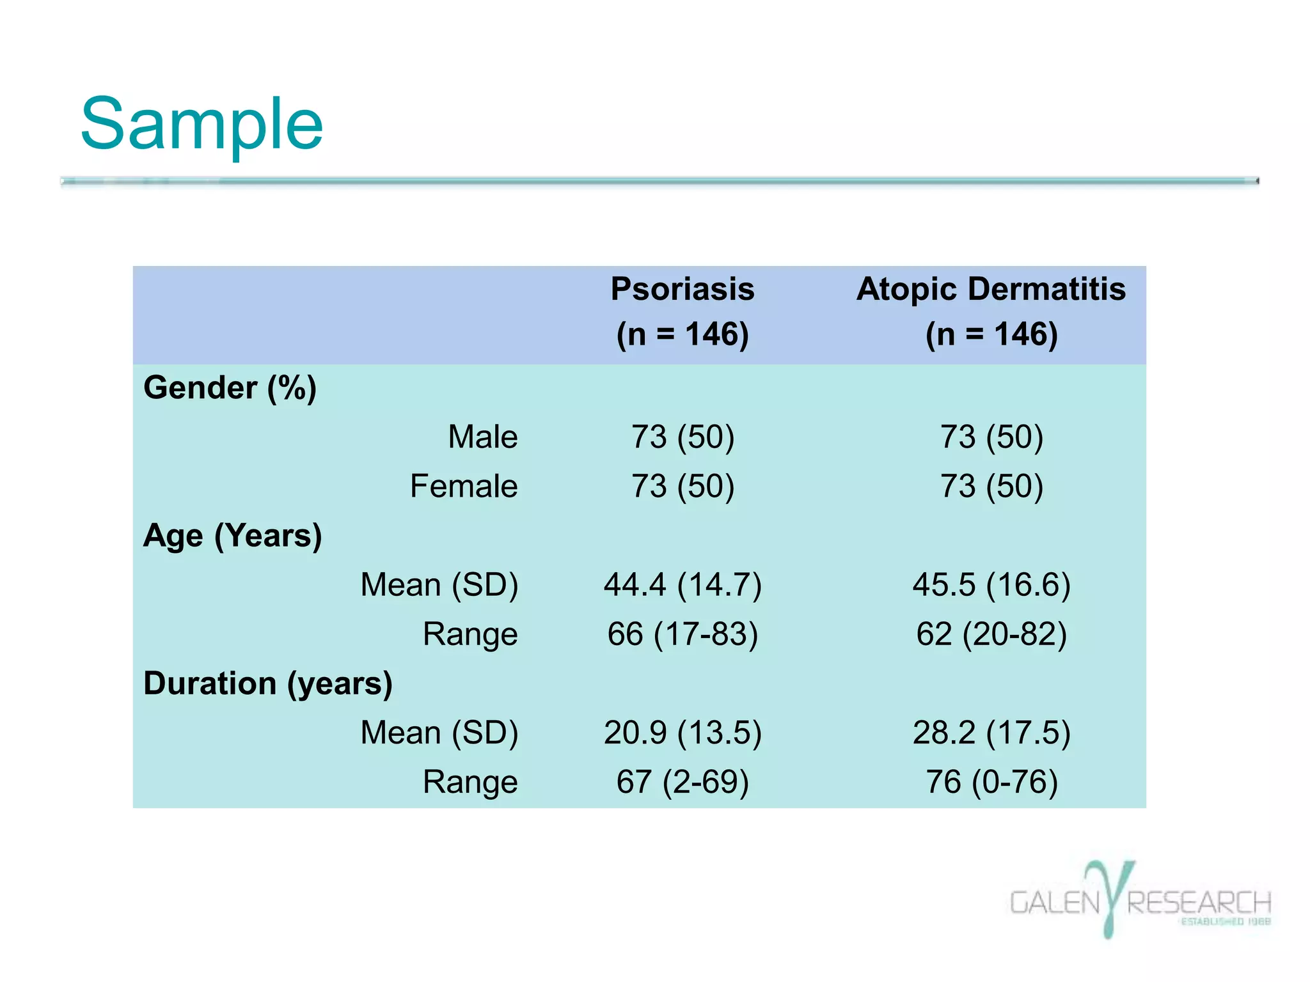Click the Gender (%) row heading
[x=230, y=388]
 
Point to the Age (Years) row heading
[x=232, y=536]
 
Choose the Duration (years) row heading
[x=267, y=683]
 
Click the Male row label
[x=482, y=437]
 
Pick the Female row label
[x=464, y=487]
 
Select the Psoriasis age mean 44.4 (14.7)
[x=683, y=585]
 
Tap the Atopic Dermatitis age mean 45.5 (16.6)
[x=991, y=585]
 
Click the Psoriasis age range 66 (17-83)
[x=683, y=634]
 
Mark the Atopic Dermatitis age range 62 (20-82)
[x=991, y=634]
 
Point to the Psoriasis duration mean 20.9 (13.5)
[x=683, y=733]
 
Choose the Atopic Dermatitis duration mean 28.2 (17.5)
[x=991, y=733]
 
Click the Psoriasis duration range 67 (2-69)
[x=683, y=782]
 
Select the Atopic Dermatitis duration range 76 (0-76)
[x=991, y=782]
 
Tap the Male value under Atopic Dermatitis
[x=991, y=437]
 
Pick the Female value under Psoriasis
[x=683, y=487]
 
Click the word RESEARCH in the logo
[x=1199, y=903]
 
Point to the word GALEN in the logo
[x=1054, y=903]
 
